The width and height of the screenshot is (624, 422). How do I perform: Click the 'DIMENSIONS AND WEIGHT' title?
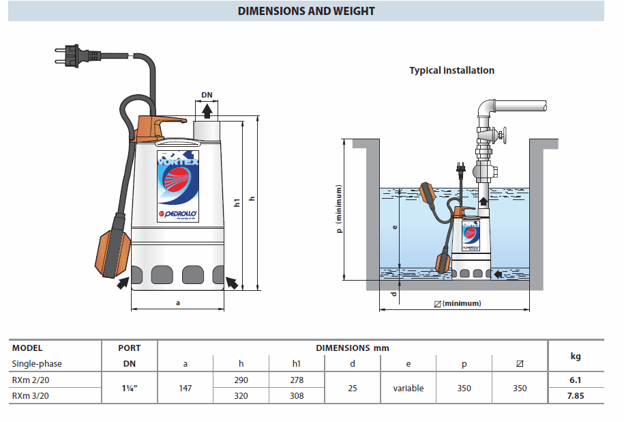pos(306,11)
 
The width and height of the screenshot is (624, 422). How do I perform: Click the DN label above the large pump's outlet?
pos(207,94)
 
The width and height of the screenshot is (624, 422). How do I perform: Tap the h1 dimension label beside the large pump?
pos(237,203)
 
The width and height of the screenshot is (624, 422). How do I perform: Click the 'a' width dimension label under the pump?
pos(177,303)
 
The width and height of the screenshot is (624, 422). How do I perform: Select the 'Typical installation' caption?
pos(451,70)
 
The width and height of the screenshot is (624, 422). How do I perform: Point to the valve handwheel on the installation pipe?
pos(505,135)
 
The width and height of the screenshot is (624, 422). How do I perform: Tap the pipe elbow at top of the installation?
pos(486,109)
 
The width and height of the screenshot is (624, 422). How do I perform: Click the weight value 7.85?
pos(576,395)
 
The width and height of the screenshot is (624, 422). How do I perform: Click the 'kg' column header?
pos(576,356)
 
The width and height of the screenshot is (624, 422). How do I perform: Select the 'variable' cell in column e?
pos(408,388)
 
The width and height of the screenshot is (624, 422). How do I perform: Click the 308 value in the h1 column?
pos(297,395)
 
